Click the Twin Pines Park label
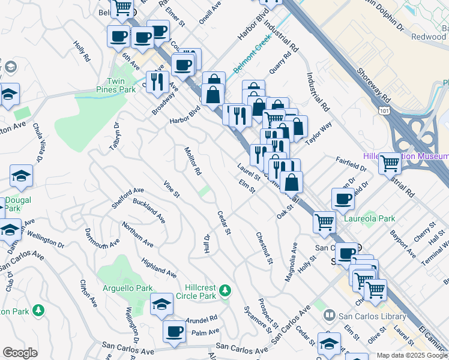tap(119, 85)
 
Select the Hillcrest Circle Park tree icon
tap(225, 290)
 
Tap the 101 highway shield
tap(384, 111)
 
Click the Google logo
tap(20, 353)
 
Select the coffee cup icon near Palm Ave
tap(175, 331)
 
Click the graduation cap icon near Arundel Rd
tap(161, 305)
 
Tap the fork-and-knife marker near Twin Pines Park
tap(157, 82)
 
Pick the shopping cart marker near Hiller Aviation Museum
tap(390, 163)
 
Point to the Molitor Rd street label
tap(192, 161)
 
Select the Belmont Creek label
tap(253, 58)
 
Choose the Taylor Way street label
tap(319, 132)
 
